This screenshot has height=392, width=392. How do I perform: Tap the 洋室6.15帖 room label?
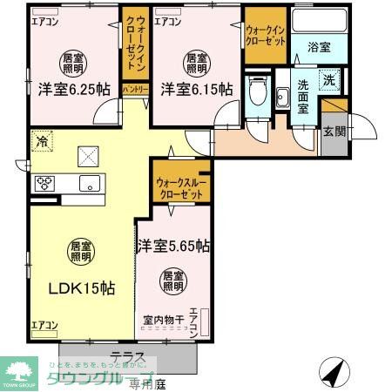coord(196,89)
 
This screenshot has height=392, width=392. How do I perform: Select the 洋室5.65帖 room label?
coord(172,246)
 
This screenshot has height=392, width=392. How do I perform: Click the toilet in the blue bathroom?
coord(256,91)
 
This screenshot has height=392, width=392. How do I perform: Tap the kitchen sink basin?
coord(90,183)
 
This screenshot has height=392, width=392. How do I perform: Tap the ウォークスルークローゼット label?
coord(180,189)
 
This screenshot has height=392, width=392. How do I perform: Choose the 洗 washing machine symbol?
coord(329,78)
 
